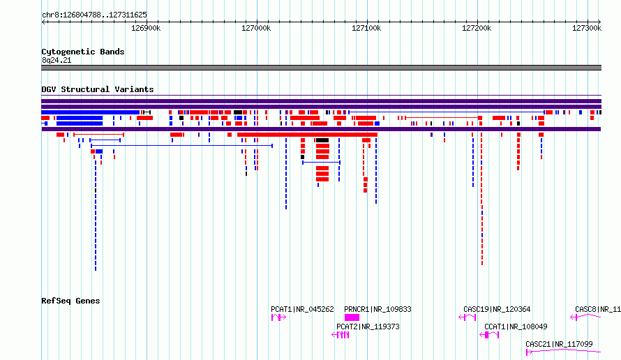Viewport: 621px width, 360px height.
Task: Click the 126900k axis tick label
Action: tap(146, 28)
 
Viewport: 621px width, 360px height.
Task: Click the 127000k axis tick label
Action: tap(256, 28)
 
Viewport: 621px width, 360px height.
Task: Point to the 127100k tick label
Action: tap(366, 28)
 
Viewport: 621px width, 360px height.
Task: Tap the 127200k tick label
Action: tap(477, 28)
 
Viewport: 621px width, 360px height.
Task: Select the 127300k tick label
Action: tap(587, 28)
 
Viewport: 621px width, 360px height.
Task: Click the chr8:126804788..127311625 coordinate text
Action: tap(94, 15)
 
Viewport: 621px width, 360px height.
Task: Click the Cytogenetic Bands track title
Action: tap(83, 52)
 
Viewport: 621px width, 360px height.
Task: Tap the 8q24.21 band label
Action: tap(57, 60)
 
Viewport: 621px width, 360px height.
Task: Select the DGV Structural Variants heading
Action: tap(98, 89)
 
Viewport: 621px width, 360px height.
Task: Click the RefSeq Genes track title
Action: tap(70, 301)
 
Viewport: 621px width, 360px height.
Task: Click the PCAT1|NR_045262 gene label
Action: tap(302, 309)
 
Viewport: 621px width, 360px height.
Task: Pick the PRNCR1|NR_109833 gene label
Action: tap(377, 309)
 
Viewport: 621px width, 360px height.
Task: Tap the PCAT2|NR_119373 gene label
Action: tap(368, 327)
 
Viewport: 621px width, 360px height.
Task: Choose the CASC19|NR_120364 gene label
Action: tap(497, 309)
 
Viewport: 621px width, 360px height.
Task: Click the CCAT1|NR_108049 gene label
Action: tap(516, 327)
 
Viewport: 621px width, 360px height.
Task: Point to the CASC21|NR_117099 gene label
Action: tap(559, 344)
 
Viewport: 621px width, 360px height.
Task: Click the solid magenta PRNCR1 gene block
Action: tap(352, 317)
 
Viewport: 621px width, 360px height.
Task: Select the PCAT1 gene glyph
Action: tap(278, 317)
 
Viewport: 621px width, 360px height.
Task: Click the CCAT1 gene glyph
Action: tap(489, 335)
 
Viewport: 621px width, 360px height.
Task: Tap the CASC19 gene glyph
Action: tap(467, 317)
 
